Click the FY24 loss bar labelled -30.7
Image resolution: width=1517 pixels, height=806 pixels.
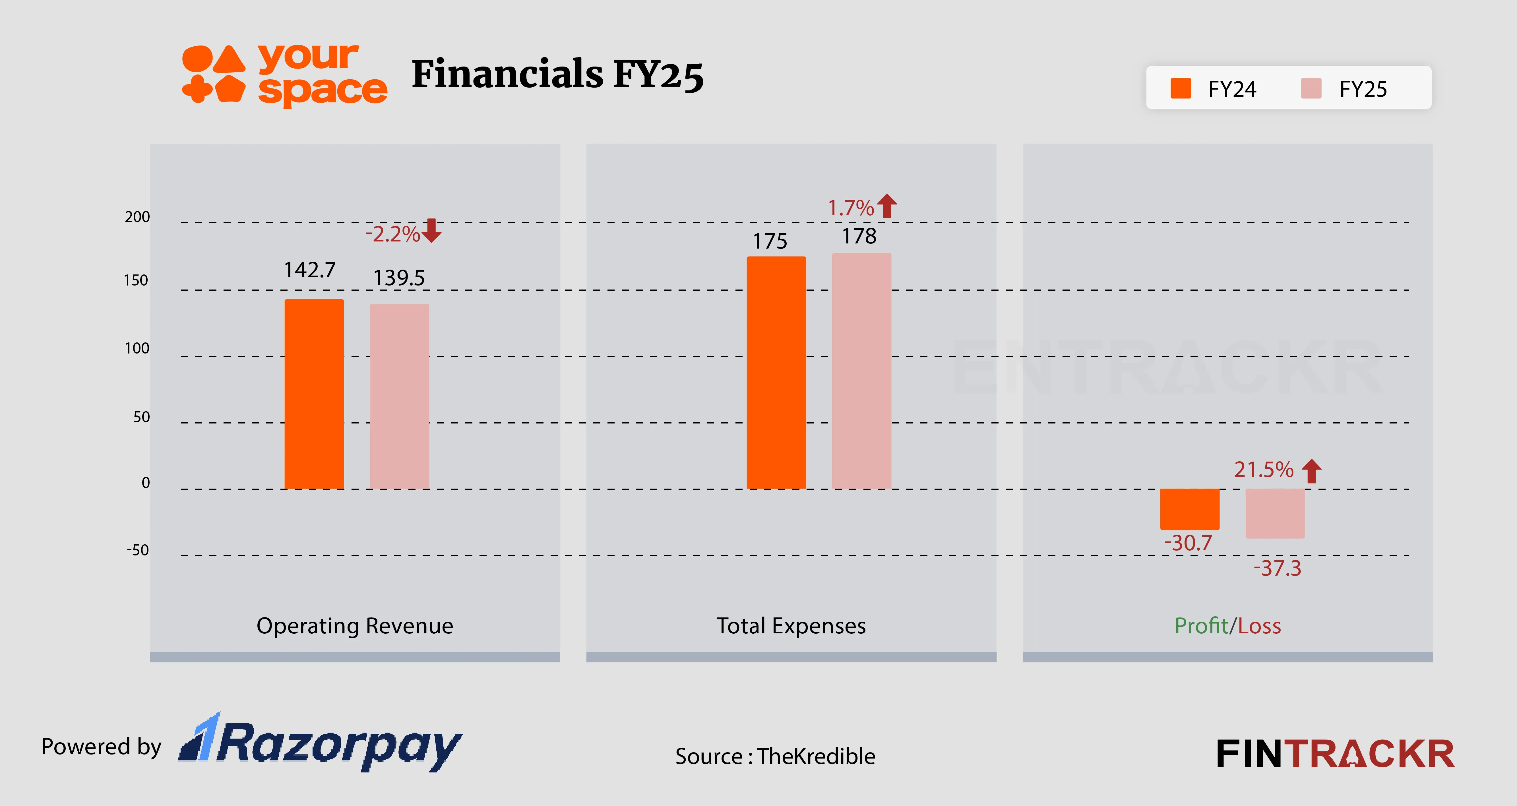1190,509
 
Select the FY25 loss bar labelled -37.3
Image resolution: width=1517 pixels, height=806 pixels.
1275,513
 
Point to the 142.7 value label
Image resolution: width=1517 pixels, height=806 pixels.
310,270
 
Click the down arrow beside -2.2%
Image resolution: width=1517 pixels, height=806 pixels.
432,231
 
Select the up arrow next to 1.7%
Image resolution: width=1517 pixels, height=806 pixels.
887,206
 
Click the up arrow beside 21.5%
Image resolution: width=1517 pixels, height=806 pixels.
1311,471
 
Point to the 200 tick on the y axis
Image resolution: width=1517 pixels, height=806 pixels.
137,217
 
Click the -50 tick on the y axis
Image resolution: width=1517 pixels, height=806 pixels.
138,551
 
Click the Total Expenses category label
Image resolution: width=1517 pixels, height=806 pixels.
791,626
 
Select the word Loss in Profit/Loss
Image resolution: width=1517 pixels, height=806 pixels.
1260,626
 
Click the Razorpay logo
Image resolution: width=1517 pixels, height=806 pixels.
321,743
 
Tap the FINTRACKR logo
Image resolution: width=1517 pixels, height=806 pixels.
1335,754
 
